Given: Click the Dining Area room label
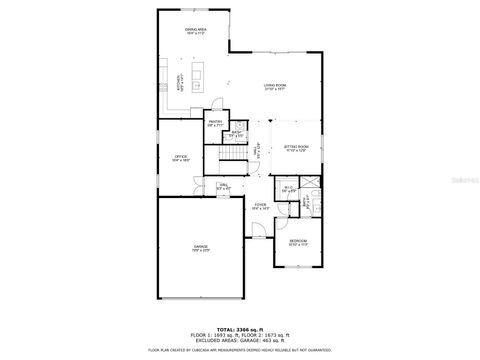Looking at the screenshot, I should pos(195,31).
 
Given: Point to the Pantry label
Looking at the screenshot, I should pos(214,124).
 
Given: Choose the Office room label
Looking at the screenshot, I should pos(180,157).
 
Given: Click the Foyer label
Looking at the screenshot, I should pos(260,206).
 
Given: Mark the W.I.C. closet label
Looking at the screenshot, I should pos(287,188).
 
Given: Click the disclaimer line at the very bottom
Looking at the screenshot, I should pos(239,350).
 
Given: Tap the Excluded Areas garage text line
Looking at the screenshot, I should pos(239,340).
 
